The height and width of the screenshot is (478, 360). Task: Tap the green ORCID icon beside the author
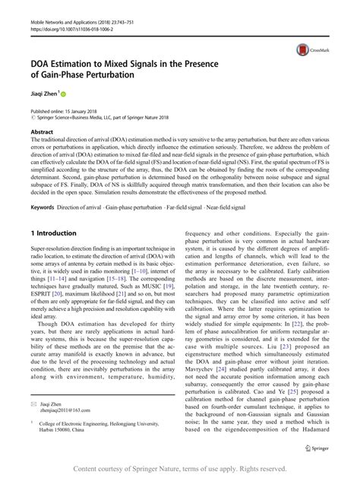click(x=64, y=96)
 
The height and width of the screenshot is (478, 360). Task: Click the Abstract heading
click(x=43, y=131)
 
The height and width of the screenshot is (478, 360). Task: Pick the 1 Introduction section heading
click(x=53, y=233)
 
